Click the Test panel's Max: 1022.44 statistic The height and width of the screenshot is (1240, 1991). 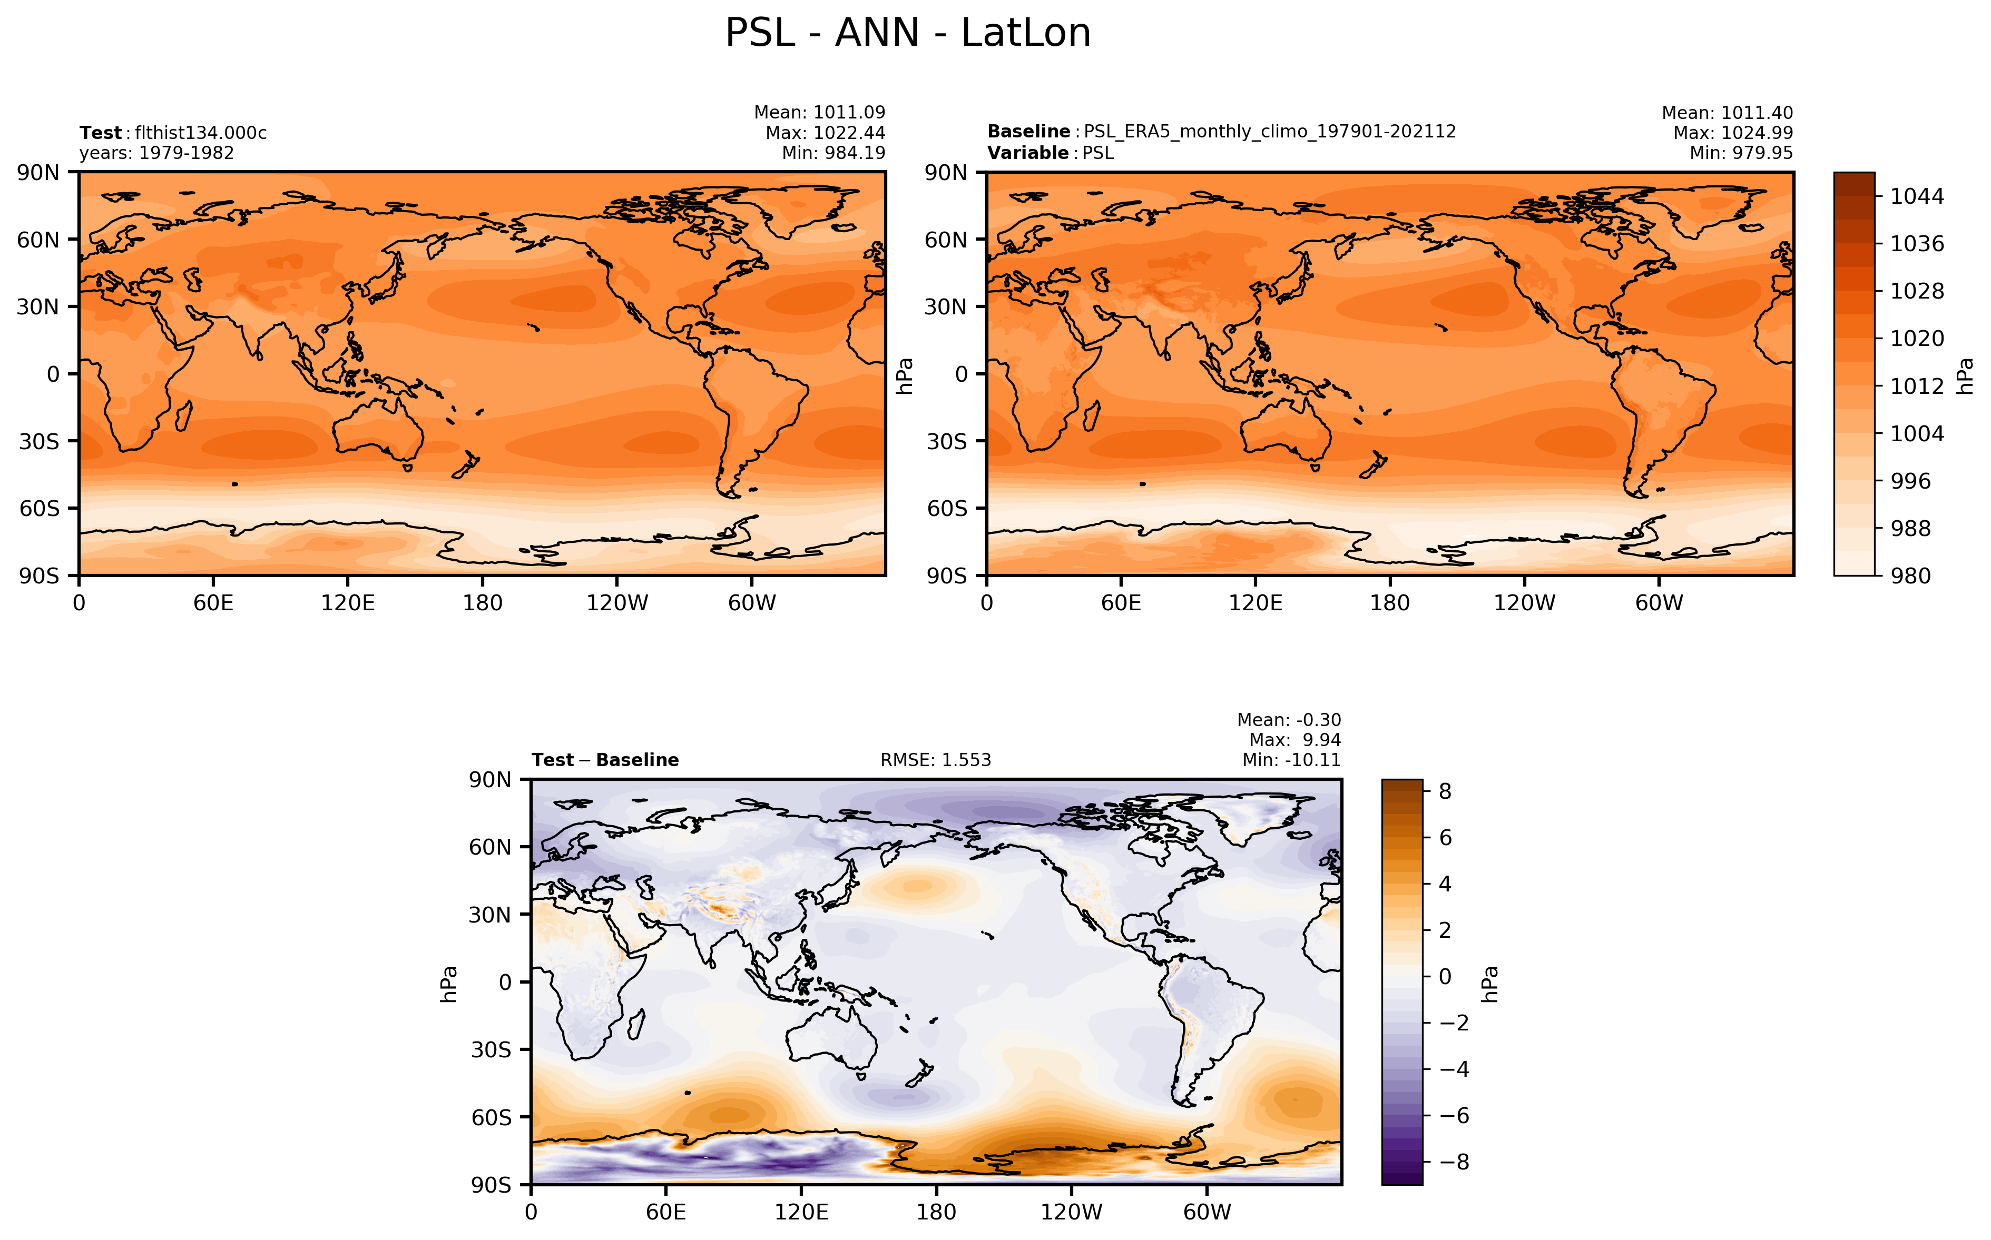825,133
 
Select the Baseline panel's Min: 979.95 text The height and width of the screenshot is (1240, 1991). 1741,153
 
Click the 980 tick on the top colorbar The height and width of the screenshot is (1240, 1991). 1910,576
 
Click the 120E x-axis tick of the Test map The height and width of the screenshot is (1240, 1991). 348,603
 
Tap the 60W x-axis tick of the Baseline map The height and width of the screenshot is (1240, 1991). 1659,603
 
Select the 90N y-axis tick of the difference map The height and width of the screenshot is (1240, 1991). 490,780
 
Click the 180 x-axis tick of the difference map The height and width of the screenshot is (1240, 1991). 936,1212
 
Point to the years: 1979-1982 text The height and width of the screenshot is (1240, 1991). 156,153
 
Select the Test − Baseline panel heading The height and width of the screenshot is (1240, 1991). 605,760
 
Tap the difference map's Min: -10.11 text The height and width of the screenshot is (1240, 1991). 1291,760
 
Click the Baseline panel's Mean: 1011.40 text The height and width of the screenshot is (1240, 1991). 1727,113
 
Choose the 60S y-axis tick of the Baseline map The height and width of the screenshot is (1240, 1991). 947,509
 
